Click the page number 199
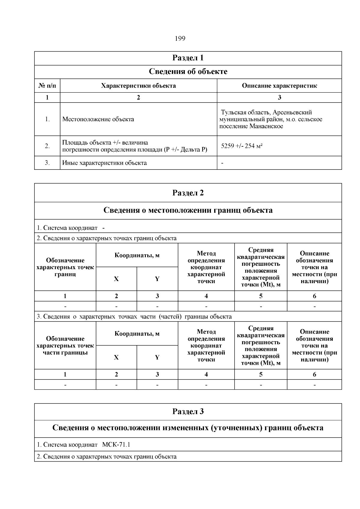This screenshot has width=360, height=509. [180, 39]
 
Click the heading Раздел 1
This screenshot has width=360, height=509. [188, 58]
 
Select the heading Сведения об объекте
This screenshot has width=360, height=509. [188, 72]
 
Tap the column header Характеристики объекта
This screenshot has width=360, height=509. [138, 86]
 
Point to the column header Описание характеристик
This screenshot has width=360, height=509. [279, 86]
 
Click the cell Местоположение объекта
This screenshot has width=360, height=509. [98, 119]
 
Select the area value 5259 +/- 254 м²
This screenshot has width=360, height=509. [242, 146]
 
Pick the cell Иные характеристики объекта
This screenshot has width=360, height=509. [104, 163]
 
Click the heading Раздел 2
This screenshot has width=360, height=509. [188, 193]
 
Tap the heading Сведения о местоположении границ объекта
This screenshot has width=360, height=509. [188, 210]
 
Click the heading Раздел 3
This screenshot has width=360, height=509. [188, 412]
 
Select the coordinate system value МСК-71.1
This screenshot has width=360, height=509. [116, 445]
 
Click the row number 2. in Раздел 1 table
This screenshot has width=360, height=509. [47, 146]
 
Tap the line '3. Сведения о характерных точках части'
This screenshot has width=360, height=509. [134, 317]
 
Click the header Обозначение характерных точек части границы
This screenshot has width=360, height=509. [65, 346]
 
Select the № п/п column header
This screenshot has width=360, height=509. [47, 86]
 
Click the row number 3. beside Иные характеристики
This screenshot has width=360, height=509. [47, 163]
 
